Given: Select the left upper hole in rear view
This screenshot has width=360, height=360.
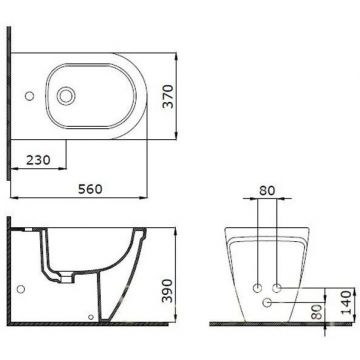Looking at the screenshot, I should [x=258, y=281].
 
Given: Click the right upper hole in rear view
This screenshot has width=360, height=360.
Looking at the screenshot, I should [x=277, y=281].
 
